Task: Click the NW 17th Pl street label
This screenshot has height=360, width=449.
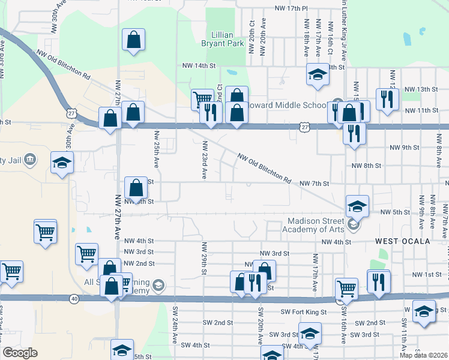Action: (291, 8)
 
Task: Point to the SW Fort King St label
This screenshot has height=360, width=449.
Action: (303, 312)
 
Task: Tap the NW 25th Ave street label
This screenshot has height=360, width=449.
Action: (157, 149)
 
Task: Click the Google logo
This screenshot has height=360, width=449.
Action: (20, 353)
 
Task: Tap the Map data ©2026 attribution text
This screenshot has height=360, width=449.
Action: (423, 355)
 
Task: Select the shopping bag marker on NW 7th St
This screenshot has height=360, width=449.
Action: (136, 188)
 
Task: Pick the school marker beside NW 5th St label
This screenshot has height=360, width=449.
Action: (357, 207)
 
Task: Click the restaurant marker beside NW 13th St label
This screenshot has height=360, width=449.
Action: (385, 99)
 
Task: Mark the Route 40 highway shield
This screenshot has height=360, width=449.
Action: (74, 299)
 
